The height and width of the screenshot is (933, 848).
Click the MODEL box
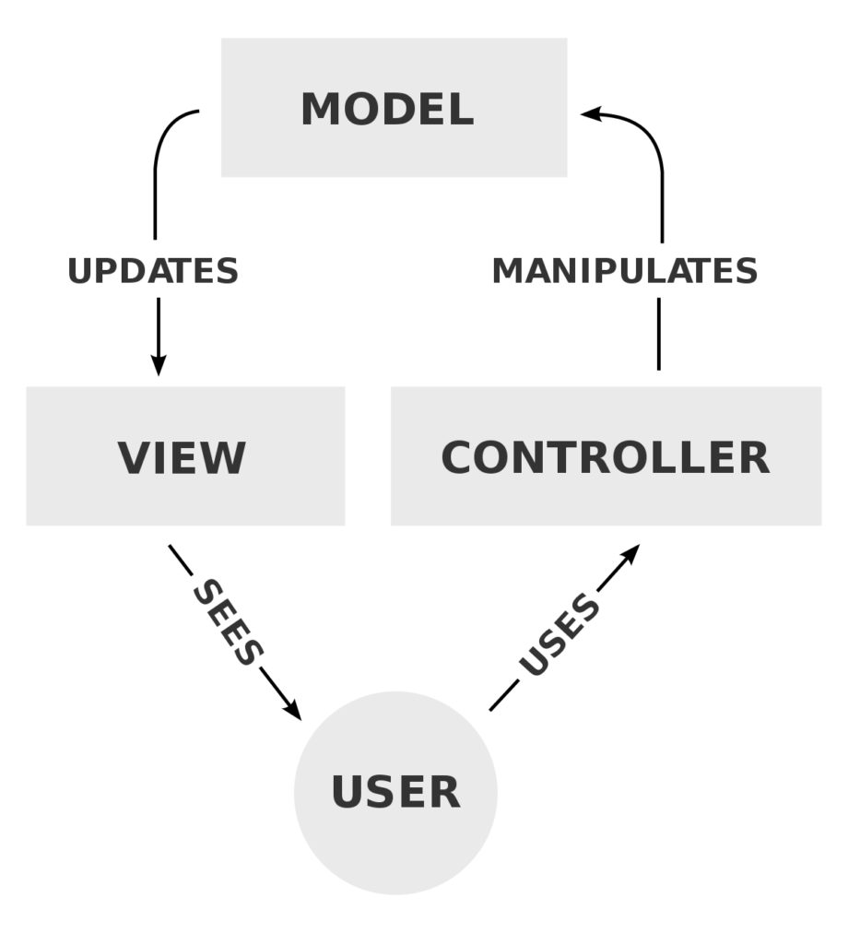pos(394,107)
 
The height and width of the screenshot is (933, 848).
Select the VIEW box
pos(185,456)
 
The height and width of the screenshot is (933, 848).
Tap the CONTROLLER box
pos(606,456)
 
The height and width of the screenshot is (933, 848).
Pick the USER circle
pos(395,792)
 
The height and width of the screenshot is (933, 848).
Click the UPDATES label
pos(153,271)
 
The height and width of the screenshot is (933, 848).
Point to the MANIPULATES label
pos(625,271)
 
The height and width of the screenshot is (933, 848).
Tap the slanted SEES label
pos(228,622)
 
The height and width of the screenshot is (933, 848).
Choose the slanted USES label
pos(559,636)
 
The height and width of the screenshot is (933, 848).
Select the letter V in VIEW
pos(134,458)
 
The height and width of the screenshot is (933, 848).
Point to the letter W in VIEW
pos(226,458)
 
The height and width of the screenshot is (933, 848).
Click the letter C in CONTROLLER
pos(458,458)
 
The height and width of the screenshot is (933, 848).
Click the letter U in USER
pos(348,793)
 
